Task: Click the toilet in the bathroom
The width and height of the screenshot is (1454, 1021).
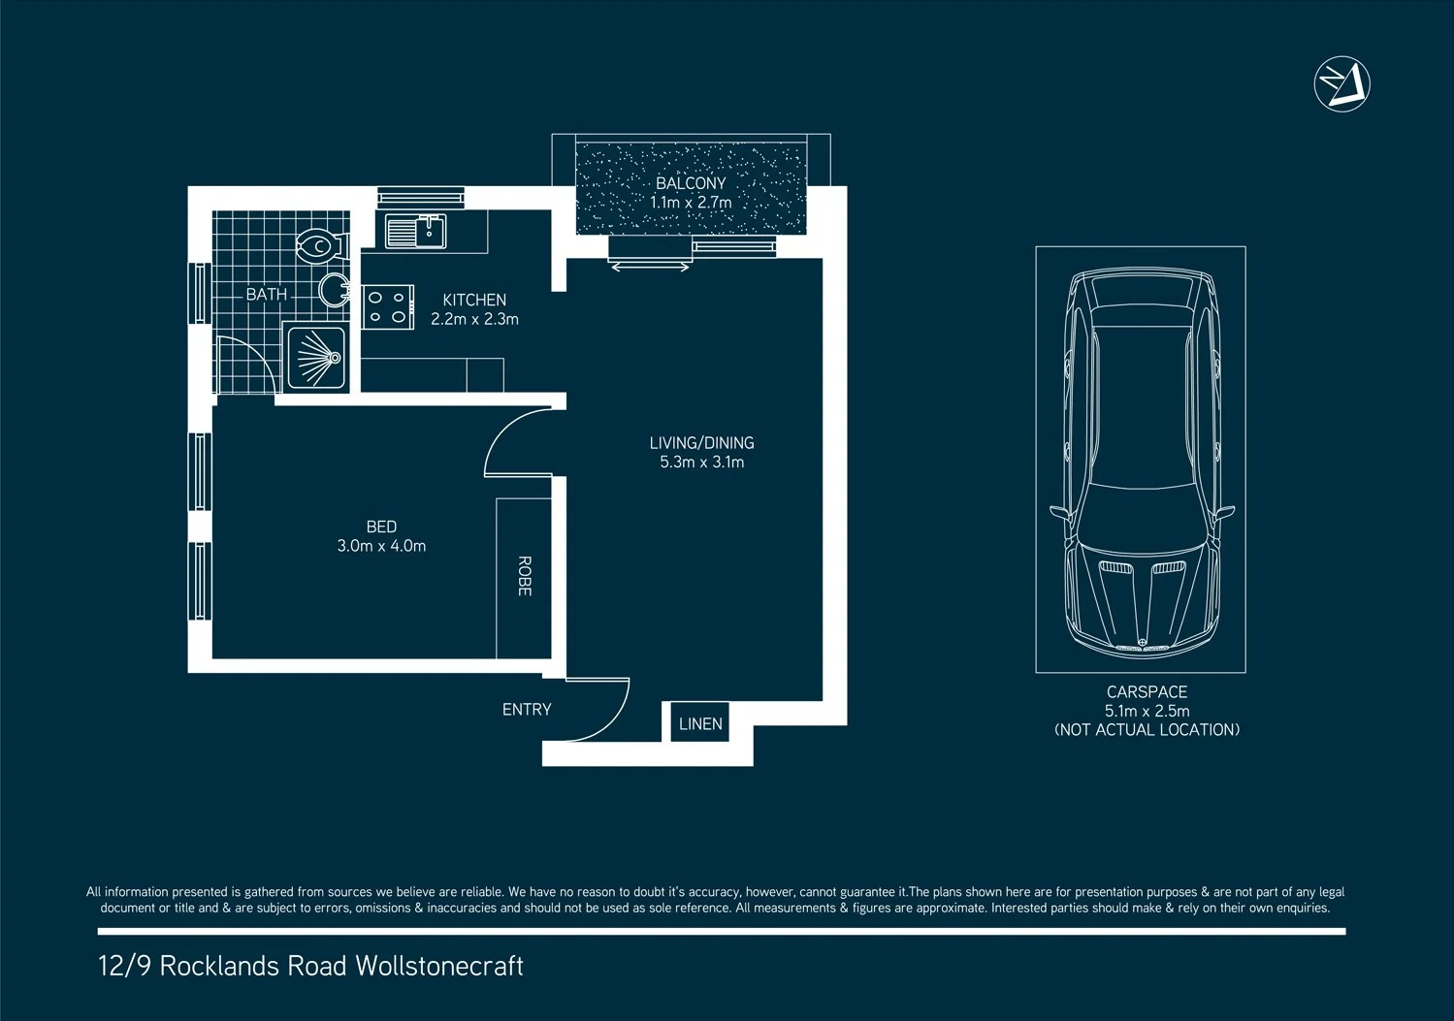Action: click(x=319, y=247)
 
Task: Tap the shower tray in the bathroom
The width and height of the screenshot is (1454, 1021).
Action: click(x=315, y=357)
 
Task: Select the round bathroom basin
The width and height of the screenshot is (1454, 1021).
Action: click(x=335, y=290)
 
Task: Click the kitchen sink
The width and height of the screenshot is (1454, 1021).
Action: click(x=416, y=232)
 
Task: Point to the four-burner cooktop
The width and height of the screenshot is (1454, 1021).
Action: click(x=388, y=306)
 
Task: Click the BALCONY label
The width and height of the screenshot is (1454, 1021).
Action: click(x=691, y=183)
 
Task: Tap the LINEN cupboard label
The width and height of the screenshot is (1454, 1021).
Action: click(x=700, y=723)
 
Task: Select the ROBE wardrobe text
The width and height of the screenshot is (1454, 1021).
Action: click(x=525, y=576)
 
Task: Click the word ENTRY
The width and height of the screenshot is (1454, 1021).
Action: click(x=527, y=710)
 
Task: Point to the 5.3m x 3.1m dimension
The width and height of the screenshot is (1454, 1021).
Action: click(x=701, y=463)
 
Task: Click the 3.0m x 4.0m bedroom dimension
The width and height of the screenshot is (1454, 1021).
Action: click(x=381, y=546)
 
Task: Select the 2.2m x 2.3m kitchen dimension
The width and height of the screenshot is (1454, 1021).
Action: click(x=474, y=319)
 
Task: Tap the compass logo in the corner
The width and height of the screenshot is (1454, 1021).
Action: click(x=1341, y=84)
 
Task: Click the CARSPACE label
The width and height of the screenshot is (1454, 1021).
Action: click(x=1147, y=692)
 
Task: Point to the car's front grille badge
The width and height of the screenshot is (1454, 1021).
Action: click(x=1142, y=643)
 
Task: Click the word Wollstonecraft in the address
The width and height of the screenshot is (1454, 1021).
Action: click(x=439, y=966)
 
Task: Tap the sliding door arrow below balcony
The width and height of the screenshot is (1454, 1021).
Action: click(x=651, y=267)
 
